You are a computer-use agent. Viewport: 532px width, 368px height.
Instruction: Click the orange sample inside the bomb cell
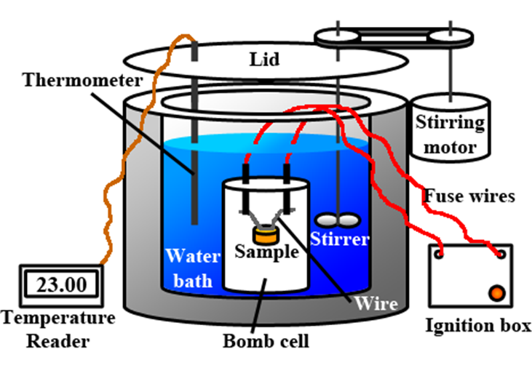pyautogui.click(x=266, y=235)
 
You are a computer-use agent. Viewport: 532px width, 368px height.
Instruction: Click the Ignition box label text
pyautogui.click(x=478, y=325)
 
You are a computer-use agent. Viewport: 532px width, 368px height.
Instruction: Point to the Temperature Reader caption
pyautogui.click(x=58, y=329)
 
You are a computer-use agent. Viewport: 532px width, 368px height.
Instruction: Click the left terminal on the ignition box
pyautogui.click(x=440, y=255)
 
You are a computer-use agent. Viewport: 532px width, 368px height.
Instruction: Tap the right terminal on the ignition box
pyautogui.click(x=501, y=255)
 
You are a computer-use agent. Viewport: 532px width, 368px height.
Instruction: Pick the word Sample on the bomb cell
pyautogui.click(x=266, y=252)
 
